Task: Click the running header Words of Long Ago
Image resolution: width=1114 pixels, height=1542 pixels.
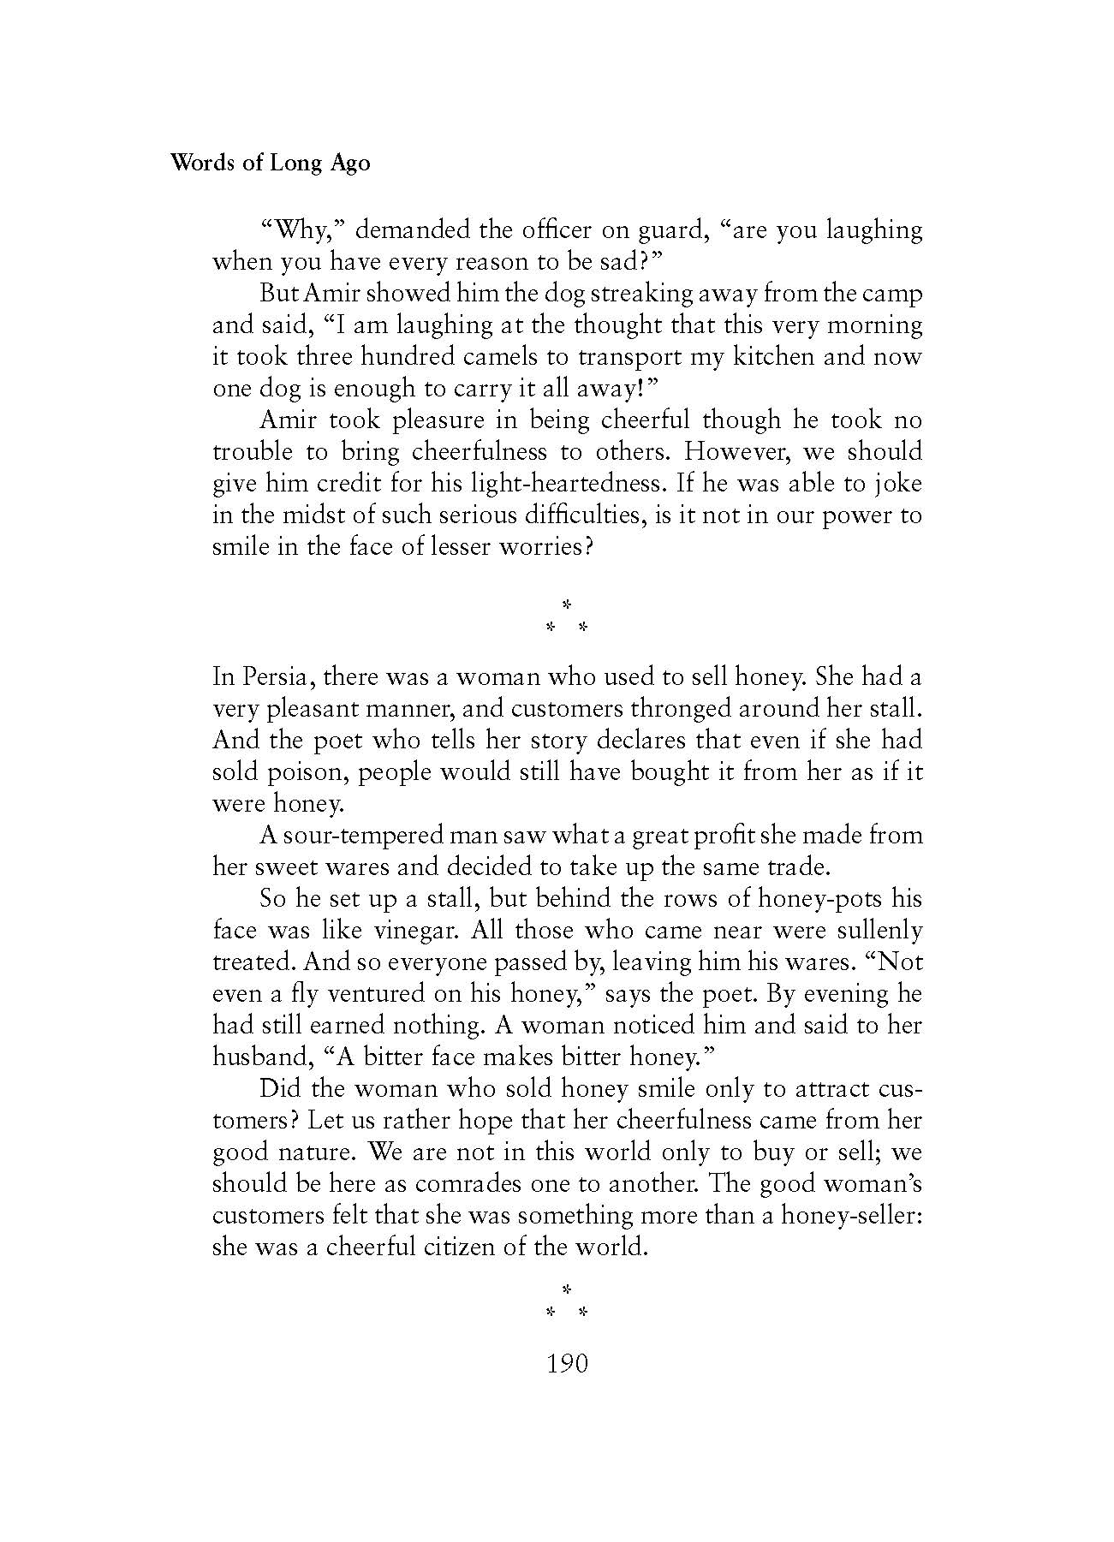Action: coord(271,163)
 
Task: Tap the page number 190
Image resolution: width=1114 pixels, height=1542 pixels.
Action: coord(567,1363)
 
